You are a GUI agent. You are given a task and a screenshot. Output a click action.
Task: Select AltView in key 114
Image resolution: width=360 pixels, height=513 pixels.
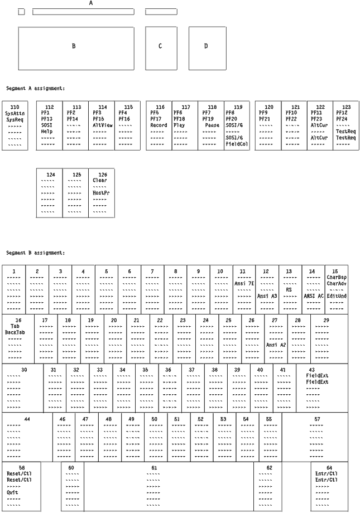pos(102,125)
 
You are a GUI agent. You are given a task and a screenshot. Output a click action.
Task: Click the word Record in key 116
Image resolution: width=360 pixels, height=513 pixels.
pos(159,125)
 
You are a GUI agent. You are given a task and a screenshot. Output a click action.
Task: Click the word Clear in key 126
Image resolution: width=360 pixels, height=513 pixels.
pos(100,180)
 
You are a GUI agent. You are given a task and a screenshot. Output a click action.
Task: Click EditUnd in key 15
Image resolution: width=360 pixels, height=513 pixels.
pos(337,296)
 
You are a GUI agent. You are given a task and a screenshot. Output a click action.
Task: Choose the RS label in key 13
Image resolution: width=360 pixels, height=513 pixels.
pos(290,289)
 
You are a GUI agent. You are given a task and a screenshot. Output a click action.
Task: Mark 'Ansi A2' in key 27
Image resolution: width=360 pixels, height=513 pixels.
pos(276,345)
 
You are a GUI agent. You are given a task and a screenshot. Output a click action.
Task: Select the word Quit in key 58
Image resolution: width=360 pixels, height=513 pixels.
pos(12,492)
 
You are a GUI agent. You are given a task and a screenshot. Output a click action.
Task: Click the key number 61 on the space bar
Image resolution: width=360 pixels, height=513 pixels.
pos(154,467)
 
